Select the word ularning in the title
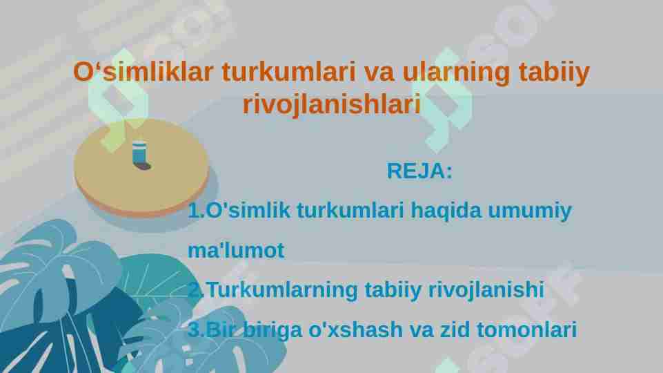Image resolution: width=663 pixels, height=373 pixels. (x=448, y=72)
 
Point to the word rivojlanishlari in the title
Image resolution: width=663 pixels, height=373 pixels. (x=331, y=105)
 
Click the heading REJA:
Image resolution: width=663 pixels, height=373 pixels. (x=419, y=171)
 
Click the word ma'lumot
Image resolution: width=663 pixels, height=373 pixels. (x=236, y=251)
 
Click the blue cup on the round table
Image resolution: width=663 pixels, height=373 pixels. (x=139, y=153)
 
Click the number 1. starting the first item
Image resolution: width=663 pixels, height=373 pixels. (x=196, y=211)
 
